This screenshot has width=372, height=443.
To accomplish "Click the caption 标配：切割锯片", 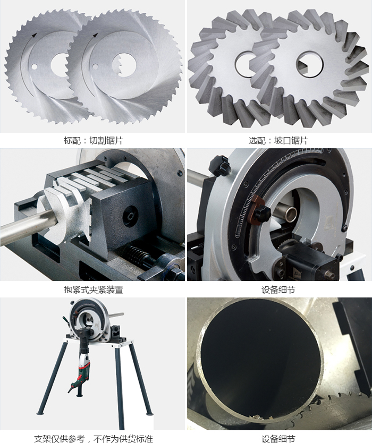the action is (x=94, y=140).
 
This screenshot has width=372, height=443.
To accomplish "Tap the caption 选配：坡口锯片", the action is (x=278, y=140).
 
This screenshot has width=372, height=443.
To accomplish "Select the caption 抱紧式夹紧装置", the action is (x=94, y=289).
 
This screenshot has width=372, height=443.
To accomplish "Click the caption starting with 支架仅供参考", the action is (x=94, y=439).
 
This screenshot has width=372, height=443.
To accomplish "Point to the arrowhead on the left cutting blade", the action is (x=34, y=35).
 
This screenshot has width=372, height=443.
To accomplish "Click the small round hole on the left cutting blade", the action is (x=34, y=67).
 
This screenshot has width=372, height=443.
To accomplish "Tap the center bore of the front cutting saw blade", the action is (x=124, y=65).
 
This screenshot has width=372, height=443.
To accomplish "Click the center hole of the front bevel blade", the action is (x=309, y=64).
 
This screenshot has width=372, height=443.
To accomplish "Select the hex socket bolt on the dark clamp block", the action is (x=131, y=217).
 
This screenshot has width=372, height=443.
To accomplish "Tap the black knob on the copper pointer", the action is (x=263, y=214).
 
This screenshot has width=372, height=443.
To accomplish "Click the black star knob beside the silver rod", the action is (x=219, y=165).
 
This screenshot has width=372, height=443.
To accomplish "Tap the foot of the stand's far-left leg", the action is (x=41, y=413).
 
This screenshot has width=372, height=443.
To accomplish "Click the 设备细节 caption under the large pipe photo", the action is (x=278, y=439).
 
